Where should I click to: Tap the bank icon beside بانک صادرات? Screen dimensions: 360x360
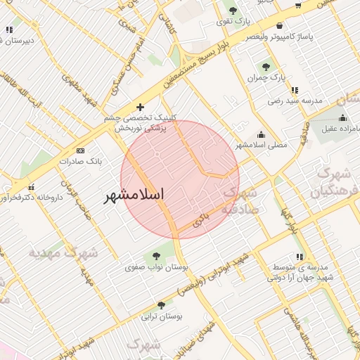pos(80,150)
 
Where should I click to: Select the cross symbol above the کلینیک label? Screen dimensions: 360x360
pos(141,108)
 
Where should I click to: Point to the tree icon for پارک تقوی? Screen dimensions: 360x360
pos(233,11)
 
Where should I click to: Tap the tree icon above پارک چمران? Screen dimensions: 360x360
pos(266,67)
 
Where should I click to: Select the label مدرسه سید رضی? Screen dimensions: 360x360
pos(294,101)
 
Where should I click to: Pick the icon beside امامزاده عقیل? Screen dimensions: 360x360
pos(342,117)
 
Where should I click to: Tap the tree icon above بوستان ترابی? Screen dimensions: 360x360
pos(162,305)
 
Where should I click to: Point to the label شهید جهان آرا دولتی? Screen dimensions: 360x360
pos(295,277)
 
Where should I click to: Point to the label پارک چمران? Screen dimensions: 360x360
pos(266,78)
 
